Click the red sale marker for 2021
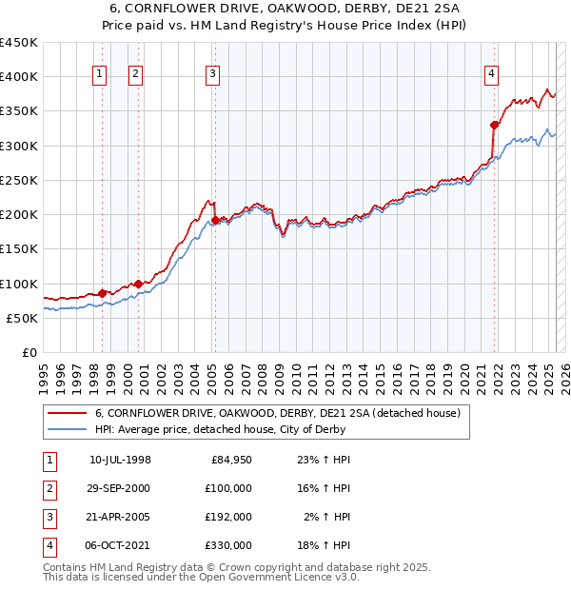click(x=495, y=125)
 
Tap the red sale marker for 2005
click(x=215, y=220)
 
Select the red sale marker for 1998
click(x=102, y=293)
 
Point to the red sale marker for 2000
click(x=138, y=283)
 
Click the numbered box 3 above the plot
click(x=212, y=75)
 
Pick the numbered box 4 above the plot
click(x=491, y=75)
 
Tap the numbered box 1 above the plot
click(x=99, y=75)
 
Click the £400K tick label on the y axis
click(x=19, y=77)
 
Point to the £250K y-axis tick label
click(x=19, y=180)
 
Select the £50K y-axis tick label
click(x=23, y=318)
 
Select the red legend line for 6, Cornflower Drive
click(x=67, y=413)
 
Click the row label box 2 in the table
click(x=48, y=488)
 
